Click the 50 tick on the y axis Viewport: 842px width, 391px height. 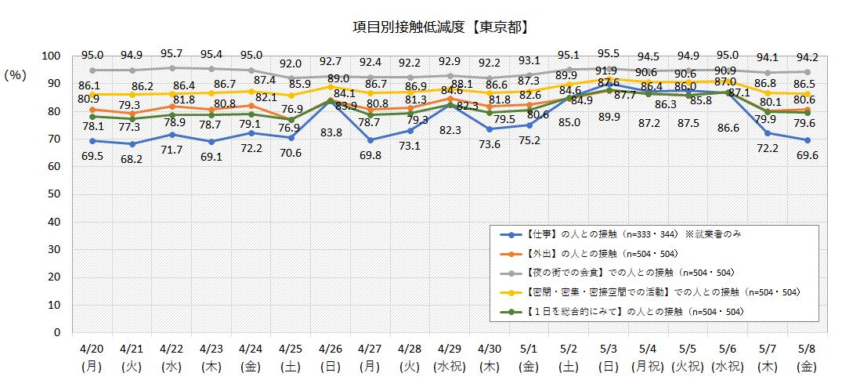pyautogui.click(x=53, y=194)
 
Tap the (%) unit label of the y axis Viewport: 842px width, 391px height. pyautogui.click(x=16, y=75)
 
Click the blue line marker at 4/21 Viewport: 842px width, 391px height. pyautogui.click(x=132, y=144)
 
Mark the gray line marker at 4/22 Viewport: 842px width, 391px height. pyautogui.click(x=172, y=68)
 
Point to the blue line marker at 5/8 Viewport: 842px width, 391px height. pyautogui.click(x=808, y=140)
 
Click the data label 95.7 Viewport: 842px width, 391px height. pyautogui.click(x=172, y=55)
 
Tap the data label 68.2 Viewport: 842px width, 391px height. pyautogui.click(x=132, y=158)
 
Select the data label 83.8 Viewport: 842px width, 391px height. pyautogui.click(x=331, y=132)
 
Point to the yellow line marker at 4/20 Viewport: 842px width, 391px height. pyautogui.click(x=92, y=95)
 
